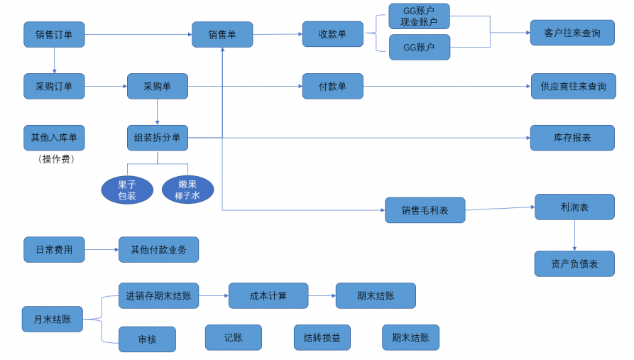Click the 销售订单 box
54,34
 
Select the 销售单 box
222,34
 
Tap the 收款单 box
333,34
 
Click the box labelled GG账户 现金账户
420,16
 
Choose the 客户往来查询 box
572,33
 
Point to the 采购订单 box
54,86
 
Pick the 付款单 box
333,86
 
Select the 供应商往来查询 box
574,86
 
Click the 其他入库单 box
54,138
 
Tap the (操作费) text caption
56,159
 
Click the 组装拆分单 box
158,138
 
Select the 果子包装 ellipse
127,190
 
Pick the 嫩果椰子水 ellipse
187,190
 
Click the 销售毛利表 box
425,210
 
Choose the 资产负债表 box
574,263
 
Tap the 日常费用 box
54,249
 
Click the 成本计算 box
268,295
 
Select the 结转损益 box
322,337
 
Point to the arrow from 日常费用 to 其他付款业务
102,249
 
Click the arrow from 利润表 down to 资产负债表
574,236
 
